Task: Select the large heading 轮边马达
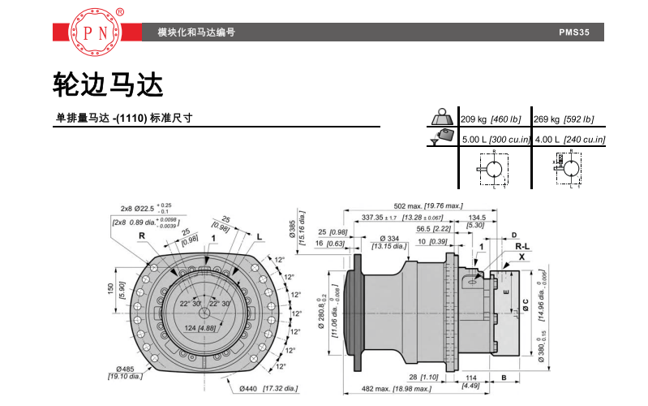(108, 84)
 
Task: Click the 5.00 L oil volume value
(478, 140)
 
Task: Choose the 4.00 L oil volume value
(551, 140)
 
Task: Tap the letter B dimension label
(504, 378)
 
